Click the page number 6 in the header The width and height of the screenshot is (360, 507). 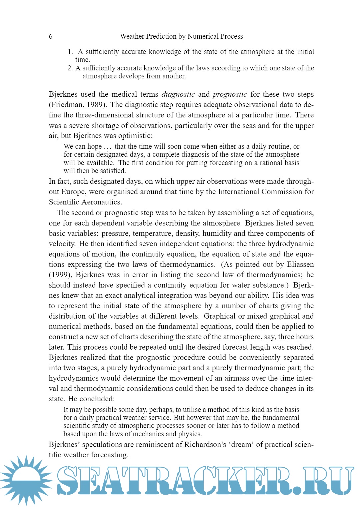tap(51, 36)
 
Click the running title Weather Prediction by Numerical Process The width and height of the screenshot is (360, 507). tap(181, 36)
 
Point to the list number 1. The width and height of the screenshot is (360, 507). tap(70, 52)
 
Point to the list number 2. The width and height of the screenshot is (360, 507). tap(70, 68)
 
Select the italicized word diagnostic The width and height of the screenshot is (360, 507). tap(178, 94)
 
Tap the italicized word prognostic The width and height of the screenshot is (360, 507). tap(230, 94)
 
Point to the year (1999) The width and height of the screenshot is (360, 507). tap(60, 275)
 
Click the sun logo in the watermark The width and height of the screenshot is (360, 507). tap(26, 480)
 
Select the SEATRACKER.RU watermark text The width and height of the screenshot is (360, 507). tap(205, 480)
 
